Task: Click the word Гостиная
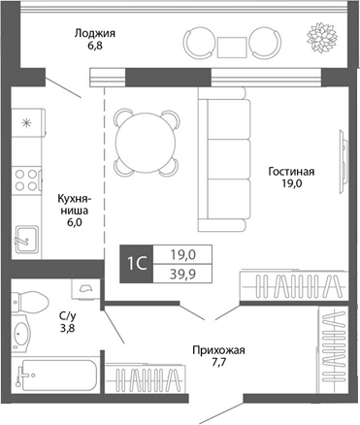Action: [x=292, y=174]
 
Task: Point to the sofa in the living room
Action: [x=226, y=161]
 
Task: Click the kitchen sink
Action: [x=25, y=236]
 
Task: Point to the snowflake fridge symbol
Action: [x=27, y=123]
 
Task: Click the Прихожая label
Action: [x=218, y=350]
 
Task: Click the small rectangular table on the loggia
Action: [x=231, y=45]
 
